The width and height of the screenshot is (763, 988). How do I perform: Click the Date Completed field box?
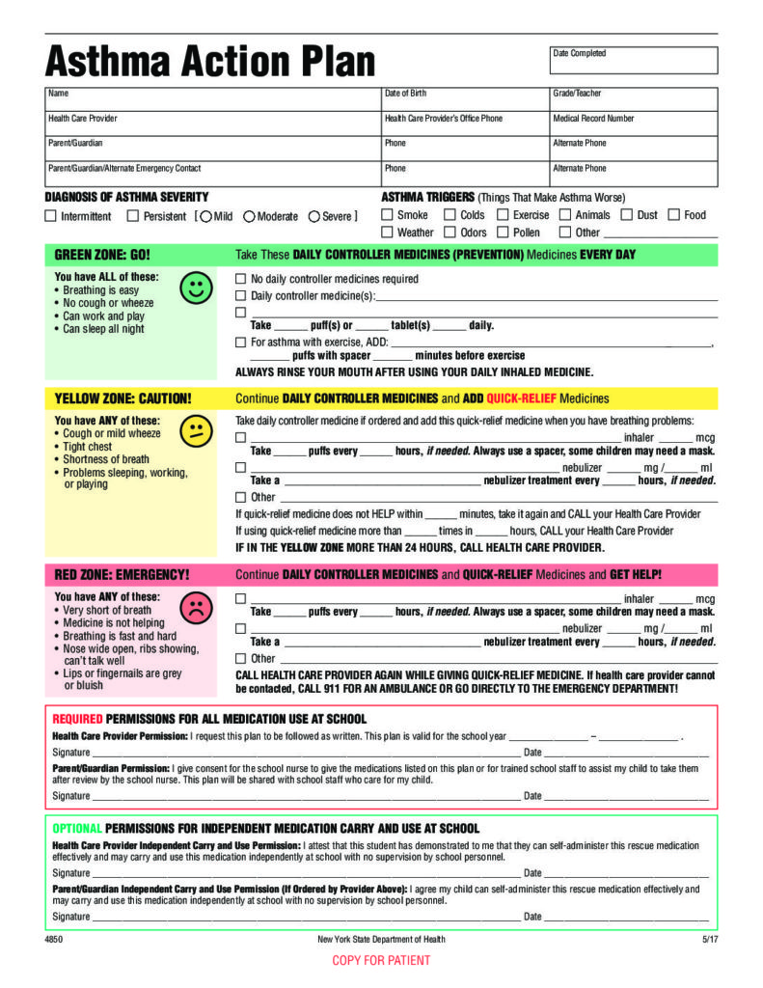click(634, 61)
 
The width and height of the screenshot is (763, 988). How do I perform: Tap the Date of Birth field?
click(464, 99)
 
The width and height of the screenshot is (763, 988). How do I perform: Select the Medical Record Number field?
click(634, 124)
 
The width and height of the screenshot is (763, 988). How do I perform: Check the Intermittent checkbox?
click(51, 216)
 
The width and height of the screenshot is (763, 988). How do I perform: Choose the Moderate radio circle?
click(249, 216)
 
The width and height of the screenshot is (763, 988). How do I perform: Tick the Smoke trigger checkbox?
click(387, 215)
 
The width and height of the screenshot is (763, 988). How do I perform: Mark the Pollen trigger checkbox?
click(503, 232)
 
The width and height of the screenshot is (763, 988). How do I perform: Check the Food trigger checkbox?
click(673, 215)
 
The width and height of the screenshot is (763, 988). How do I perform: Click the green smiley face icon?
click(196, 288)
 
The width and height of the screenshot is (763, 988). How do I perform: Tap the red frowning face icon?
click(196, 607)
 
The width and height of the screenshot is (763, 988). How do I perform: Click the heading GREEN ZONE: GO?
click(102, 256)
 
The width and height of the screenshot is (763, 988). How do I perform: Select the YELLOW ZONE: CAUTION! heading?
click(123, 398)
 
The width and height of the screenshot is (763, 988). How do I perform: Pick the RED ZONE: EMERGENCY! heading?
click(122, 575)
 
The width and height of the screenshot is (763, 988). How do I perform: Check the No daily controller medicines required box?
click(241, 279)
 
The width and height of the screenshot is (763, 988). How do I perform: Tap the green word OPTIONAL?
click(76, 828)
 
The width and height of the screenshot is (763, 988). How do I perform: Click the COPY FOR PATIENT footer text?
click(381, 960)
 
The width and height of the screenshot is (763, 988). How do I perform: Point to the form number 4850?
click(54, 939)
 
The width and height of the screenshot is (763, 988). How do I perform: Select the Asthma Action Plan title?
click(210, 62)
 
